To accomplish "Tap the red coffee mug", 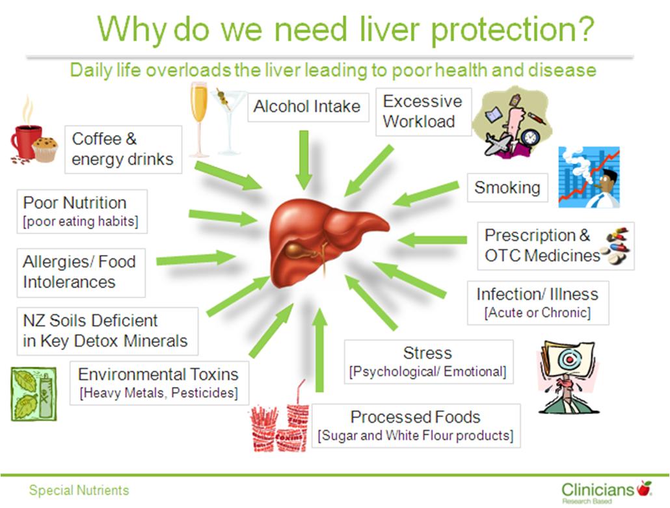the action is [x=25, y=142].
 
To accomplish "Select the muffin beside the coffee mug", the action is [x=45, y=150].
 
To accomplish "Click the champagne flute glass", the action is [x=199, y=120].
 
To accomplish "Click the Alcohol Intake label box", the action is [x=308, y=107].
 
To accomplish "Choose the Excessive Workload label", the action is [x=423, y=112].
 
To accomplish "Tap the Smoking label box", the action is [x=507, y=187].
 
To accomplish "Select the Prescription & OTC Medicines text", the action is [x=542, y=246].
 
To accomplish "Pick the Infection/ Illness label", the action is [x=538, y=303].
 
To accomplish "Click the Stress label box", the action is [x=429, y=362].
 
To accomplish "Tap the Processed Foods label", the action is [x=416, y=425].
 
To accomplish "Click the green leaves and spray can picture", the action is [x=34, y=394].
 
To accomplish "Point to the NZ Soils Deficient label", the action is [x=107, y=331].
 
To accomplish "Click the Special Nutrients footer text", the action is [x=79, y=490].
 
